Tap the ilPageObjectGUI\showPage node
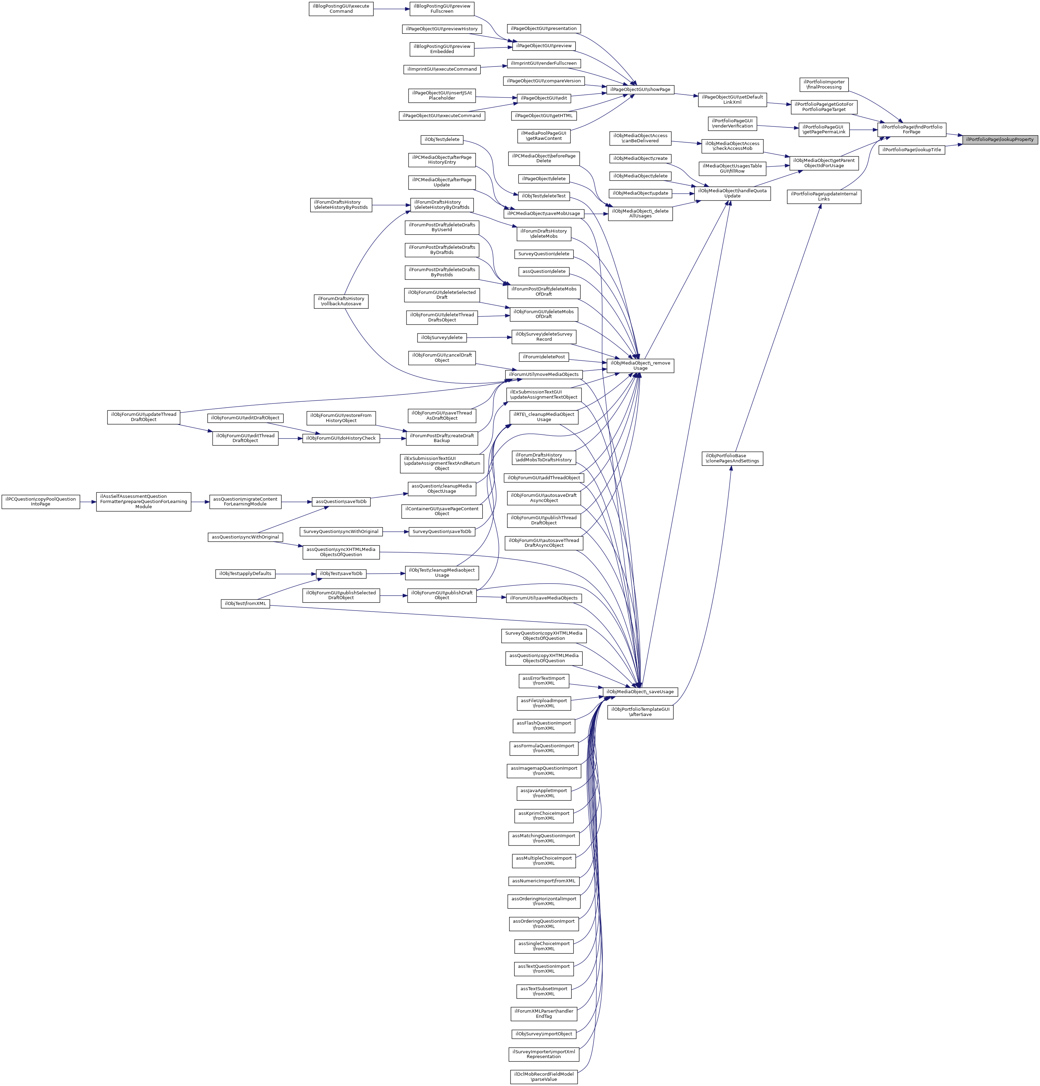(x=640, y=89)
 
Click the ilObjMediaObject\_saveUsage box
(x=640, y=691)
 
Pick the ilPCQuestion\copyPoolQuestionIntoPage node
(x=40, y=501)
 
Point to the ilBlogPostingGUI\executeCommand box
(x=341, y=9)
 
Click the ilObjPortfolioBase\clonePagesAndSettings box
(x=732, y=458)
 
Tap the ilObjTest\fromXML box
(x=246, y=603)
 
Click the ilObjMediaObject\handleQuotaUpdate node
(x=732, y=193)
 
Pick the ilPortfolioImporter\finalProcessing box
(x=824, y=84)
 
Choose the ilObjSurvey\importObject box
(x=544, y=1034)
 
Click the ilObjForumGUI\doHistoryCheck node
(x=341, y=438)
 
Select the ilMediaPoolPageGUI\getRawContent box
(x=544, y=136)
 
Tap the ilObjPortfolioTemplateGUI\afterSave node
(x=640, y=712)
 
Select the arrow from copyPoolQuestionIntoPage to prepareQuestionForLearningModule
(x=88, y=502)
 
